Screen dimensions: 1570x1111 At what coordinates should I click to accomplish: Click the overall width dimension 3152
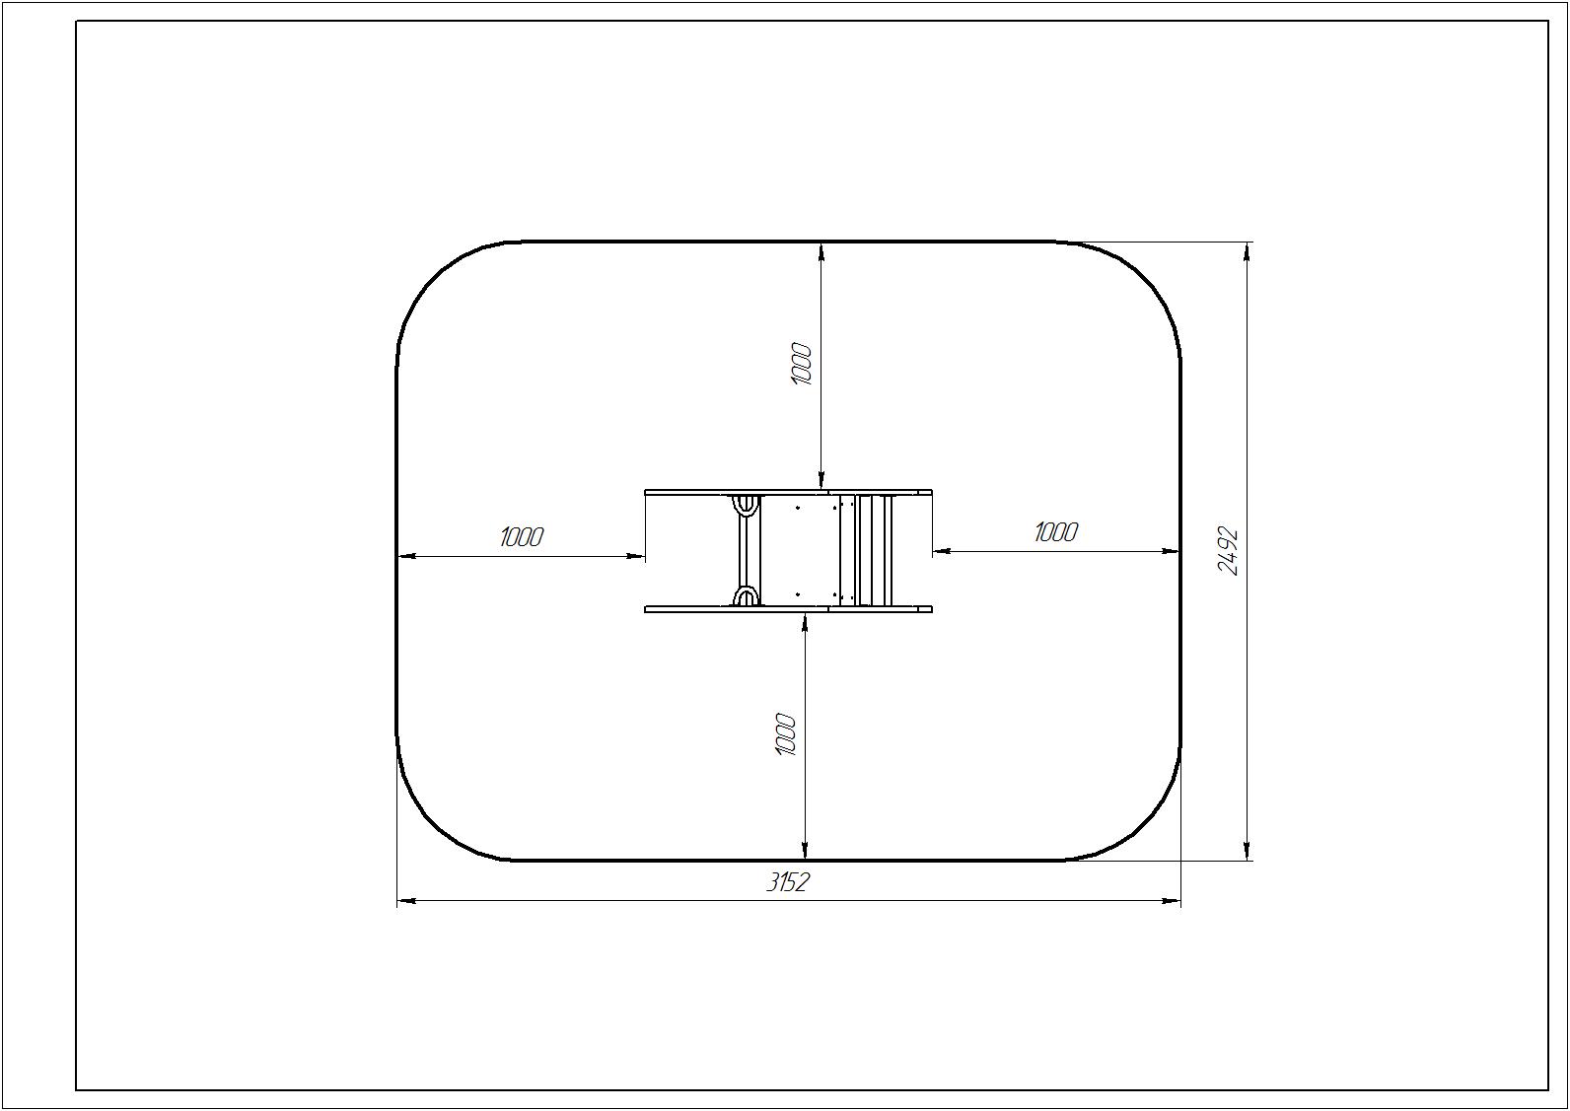(x=787, y=882)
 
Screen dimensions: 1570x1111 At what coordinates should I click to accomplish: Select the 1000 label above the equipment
(x=801, y=364)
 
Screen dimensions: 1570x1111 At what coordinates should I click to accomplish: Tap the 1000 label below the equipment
(x=786, y=734)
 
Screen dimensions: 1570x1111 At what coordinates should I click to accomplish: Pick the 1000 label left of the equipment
(x=522, y=537)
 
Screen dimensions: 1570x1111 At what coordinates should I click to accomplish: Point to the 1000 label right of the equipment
(x=1055, y=532)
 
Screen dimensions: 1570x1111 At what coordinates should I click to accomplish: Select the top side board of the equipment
(x=788, y=493)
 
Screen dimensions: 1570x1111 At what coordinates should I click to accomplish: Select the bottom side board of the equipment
(x=788, y=609)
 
